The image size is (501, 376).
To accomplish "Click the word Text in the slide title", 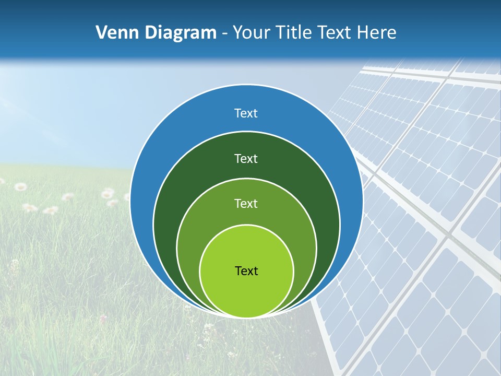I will coord(336,33).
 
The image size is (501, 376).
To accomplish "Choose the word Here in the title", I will coord(377,33).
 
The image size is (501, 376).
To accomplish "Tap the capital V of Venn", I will coord(102,33).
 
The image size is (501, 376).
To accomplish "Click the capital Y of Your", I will coord(237,33).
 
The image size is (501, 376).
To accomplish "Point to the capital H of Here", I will coord(363,33).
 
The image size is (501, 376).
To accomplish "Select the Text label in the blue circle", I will coord(246,113).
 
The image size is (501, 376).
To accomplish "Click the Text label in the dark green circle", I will coord(246,158).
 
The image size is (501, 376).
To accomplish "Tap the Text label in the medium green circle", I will coord(246,203).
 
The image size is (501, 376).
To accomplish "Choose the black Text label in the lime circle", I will coord(246,271).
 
